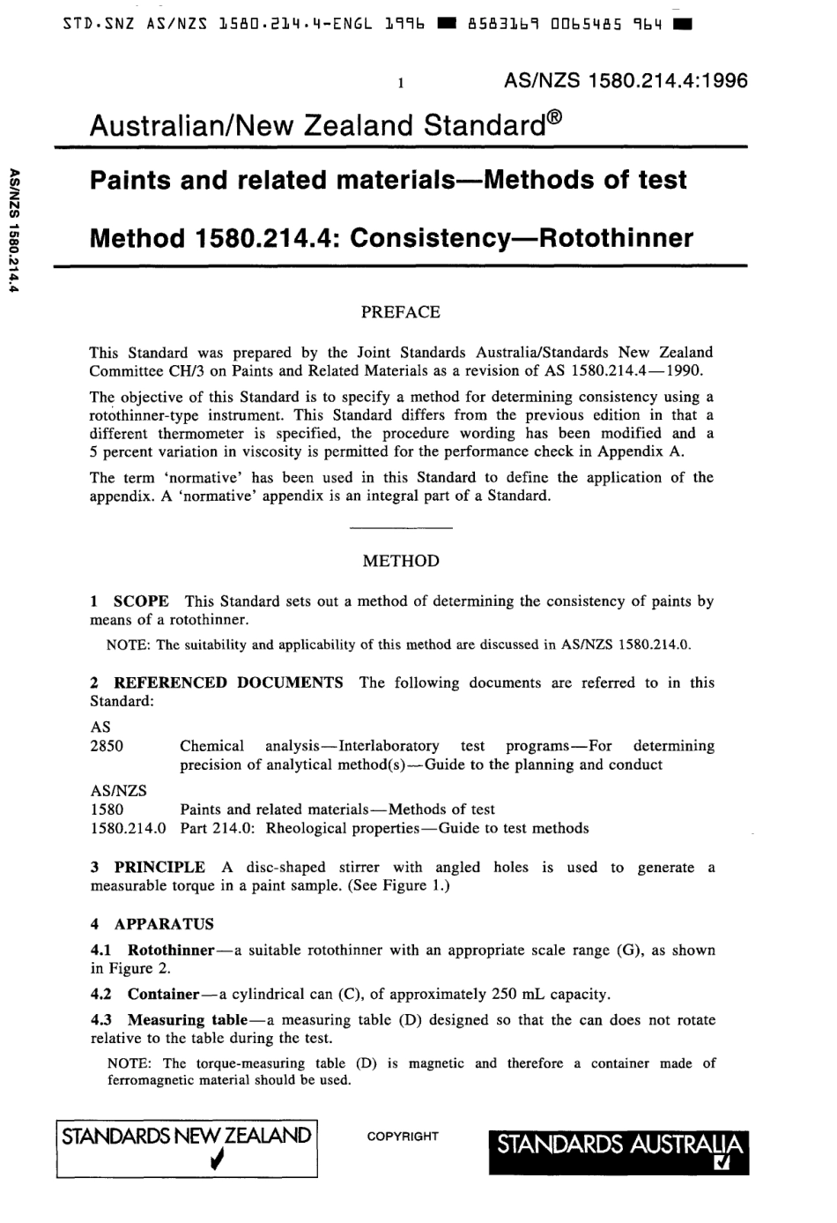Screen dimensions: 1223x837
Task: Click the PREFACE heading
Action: [x=401, y=312]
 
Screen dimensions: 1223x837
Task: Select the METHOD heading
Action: [x=401, y=561]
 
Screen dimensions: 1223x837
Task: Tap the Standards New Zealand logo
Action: [x=186, y=1147]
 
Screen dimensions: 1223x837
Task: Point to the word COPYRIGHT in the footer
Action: [x=402, y=1137]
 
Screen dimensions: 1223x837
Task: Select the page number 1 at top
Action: [x=400, y=84]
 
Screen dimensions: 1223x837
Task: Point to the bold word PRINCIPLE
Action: [x=159, y=868]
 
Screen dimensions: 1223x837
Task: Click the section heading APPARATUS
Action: [x=164, y=924]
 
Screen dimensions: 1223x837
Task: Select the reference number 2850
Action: [x=107, y=746]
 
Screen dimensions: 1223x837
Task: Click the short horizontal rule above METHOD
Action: [x=401, y=528]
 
